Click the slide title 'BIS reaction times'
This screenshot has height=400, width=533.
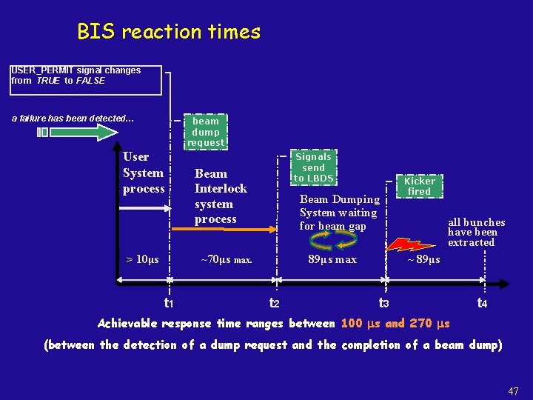(169, 32)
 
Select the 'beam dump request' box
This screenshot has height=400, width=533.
(205, 131)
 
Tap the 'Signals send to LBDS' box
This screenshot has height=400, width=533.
(313, 167)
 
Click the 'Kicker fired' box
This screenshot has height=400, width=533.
(419, 186)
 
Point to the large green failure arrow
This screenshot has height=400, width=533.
(78, 132)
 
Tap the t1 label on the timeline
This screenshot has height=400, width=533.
(169, 302)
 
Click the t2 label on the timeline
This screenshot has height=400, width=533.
(274, 302)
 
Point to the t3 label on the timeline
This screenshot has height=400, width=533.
(383, 302)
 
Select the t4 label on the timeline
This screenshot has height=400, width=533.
(482, 302)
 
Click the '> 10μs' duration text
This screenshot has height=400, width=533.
(142, 259)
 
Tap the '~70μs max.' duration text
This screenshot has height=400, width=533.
(227, 259)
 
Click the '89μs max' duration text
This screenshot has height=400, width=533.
(332, 259)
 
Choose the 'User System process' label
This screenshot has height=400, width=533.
(144, 173)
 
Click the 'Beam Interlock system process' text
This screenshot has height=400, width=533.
(220, 196)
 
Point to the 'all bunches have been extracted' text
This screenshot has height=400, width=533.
(476, 232)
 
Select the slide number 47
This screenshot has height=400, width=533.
(513, 391)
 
